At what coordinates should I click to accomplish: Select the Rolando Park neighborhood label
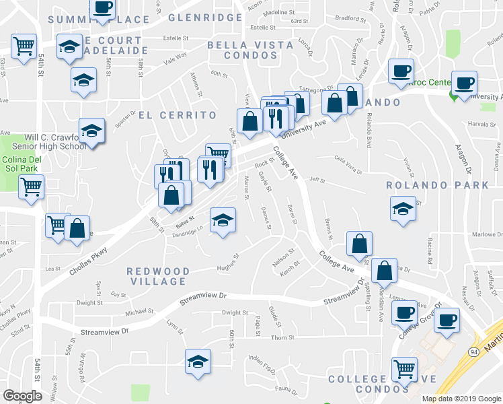[437, 184]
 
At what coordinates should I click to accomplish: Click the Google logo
[22, 396]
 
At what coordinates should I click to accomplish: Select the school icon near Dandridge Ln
[223, 219]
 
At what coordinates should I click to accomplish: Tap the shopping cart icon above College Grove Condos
[403, 368]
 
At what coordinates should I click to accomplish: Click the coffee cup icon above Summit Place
[102, 8]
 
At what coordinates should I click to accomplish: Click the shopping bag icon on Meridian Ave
[384, 271]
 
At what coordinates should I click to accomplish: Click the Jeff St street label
[317, 180]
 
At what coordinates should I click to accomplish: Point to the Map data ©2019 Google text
[461, 398]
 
